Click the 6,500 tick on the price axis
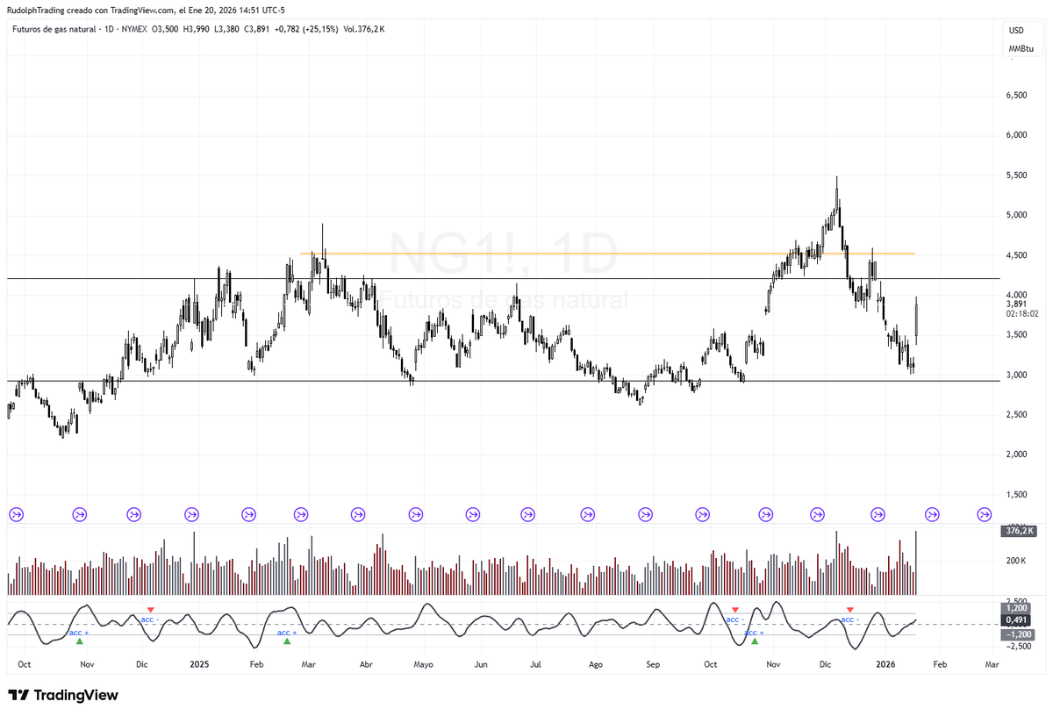click(1016, 95)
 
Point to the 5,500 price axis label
click(1016, 175)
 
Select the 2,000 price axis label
click(1016, 455)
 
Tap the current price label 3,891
click(1016, 304)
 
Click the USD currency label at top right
click(1016, 31)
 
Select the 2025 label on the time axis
click(199, 665)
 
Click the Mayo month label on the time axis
click(424, 665)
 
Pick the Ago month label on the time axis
click(596, 665)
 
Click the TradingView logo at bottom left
click(63, 695)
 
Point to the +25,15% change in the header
click(316, 29)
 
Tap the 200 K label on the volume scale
click(1017, 561)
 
